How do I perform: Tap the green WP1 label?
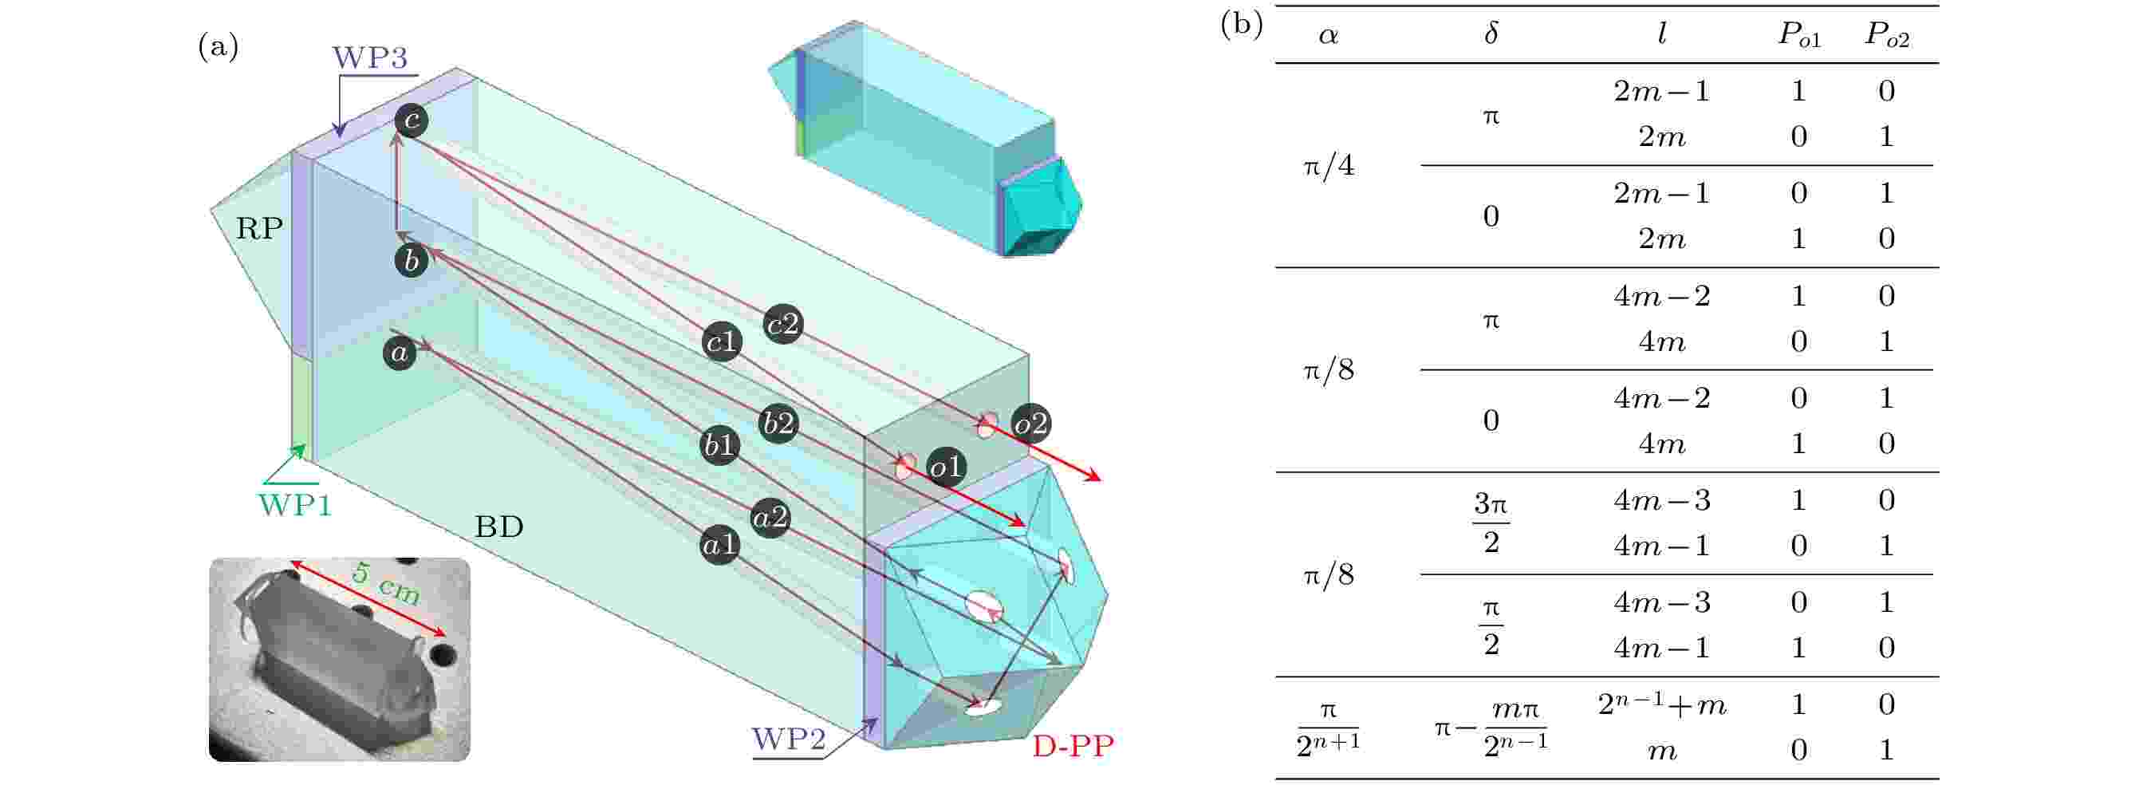[295, 505]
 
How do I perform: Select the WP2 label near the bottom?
[788, 740]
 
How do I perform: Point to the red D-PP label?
[1073, 746]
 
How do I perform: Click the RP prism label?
[259, 228]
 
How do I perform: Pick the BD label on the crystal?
[499, 527]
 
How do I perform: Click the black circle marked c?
[411, 120]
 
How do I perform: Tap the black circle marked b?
[411, 260]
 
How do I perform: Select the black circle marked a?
[400, 353]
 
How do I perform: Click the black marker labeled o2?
[1031, 424]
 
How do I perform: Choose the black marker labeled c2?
[783, 324]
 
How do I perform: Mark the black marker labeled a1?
[719, 546]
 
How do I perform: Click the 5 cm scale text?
[386, 582]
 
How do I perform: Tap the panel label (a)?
[218, 46]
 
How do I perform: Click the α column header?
[1328, 36]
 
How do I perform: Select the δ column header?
[1491, 34]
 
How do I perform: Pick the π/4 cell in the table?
[1329, 167]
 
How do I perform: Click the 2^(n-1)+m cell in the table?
[1662, 704]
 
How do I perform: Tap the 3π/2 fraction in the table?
[1491, 523]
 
